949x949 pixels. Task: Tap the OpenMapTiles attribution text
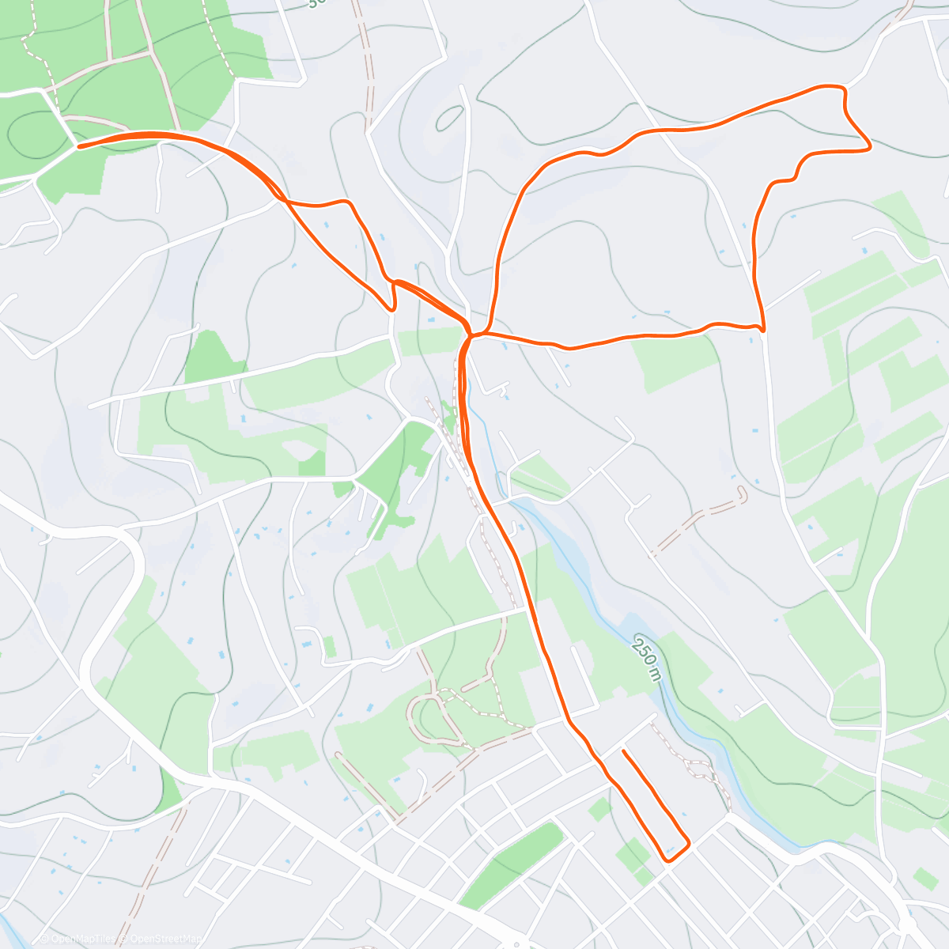[x=79, y=939]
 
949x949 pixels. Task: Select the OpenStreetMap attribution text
[x=161, y=939]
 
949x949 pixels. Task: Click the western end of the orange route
[x=78, y=146]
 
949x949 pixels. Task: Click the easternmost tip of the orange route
[x=870, y=146]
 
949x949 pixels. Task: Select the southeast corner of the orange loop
[x=762, y=328]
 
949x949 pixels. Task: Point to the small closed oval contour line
[x=449, y=119]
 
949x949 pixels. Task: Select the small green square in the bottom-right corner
[x=924, y=878]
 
